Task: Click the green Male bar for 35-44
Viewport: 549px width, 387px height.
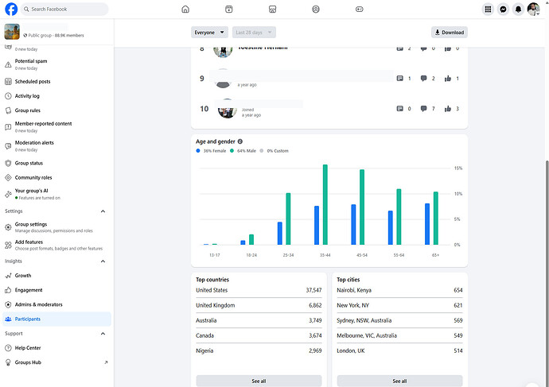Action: tap(325, 205)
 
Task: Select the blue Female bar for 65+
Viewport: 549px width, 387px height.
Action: tap(427, 224)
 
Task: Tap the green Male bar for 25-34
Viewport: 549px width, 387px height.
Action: tap(288, 219)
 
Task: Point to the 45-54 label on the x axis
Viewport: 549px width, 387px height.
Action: tap(361, 254)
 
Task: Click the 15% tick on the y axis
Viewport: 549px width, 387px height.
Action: tap(458, 168)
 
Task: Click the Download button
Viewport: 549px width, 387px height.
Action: tap(450, 33)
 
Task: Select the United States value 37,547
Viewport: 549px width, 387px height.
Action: tap(308, 290)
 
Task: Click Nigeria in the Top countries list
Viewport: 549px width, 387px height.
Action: tap(205, 350)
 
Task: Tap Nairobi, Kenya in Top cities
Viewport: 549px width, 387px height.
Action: tap(354, 290)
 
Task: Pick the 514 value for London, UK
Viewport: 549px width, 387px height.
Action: tap(457, 350)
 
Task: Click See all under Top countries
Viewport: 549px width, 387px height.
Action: tap(259, 381)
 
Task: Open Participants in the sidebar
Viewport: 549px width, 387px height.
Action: tap(28, 319)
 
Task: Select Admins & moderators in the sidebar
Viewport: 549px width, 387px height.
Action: tap(38, 304)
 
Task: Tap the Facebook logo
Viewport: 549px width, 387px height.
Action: tap(11, 10)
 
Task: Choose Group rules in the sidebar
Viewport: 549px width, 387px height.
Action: tap(28, 110)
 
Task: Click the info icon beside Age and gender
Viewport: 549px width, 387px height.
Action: tap(240, 141)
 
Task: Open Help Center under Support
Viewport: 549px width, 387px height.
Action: tap(28, 348)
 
